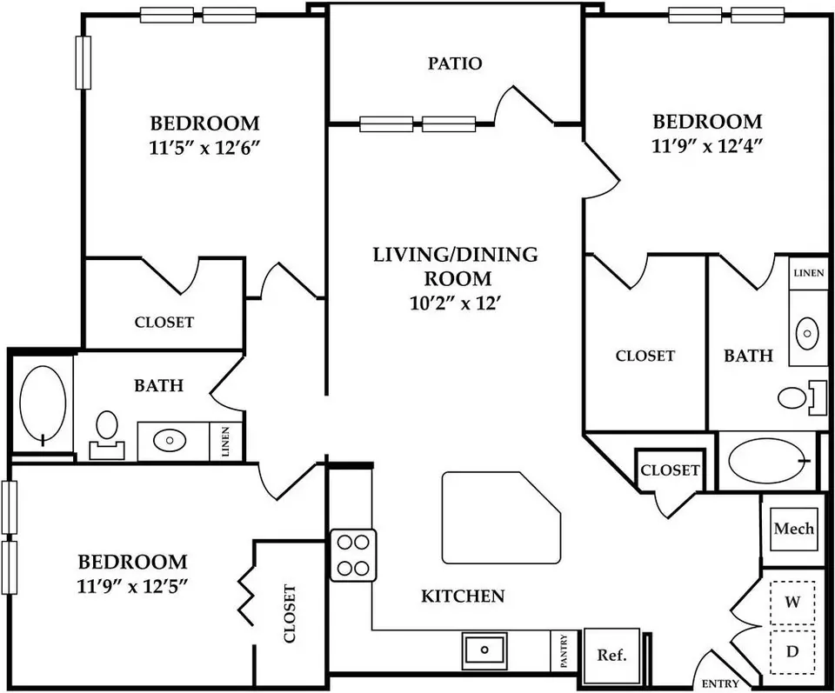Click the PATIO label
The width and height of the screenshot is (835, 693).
(x=455, y=63)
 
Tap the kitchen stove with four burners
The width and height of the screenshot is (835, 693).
(x=354, y=555)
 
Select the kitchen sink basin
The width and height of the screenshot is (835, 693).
(x=484, y=650)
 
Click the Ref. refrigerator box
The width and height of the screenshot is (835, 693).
(x=611, y=655)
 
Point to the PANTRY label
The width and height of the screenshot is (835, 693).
(x=564, y=650)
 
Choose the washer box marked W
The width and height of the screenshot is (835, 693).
(x=792, y=602)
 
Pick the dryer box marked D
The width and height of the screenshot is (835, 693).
(x=792, y=651)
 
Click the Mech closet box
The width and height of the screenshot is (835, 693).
(x=793, y=529)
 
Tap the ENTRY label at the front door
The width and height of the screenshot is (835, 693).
(x=720, y=684)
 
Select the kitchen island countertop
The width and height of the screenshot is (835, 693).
(x=501, y=517)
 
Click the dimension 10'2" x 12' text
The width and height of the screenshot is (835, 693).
(x=457, y=303)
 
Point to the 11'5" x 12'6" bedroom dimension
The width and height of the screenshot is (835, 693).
(x=204, y=148)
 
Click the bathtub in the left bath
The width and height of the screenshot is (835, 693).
(x=43, y=404)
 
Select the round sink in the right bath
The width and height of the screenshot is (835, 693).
(x=807, y=334)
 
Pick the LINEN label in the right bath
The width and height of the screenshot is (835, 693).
(x=808, y=273)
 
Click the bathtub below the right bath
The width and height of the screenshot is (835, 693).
(x=768, y=460)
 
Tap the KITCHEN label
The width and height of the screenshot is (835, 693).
(x=463, y=596)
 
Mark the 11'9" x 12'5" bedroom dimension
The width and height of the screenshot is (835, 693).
(x=132, y=587)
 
